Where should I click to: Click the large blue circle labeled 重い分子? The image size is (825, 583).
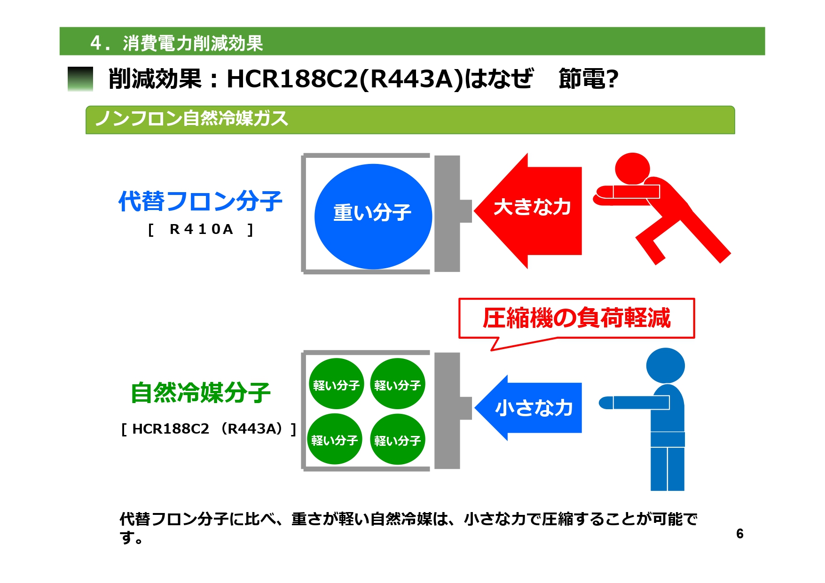pyautogui.click(x=373, y=217)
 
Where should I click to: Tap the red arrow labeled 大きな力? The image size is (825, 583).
pyautogui.click(x=528, y=211)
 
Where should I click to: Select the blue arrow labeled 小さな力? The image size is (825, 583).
pyautogui.click(x=528, y=408)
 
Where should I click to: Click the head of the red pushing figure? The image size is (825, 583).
pyautogui.click(x=632, y=169)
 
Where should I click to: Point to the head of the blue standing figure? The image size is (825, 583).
pyautogui.click(x=665, y=365)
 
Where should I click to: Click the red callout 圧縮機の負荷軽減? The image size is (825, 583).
pyautogui.click(x=576, y=318)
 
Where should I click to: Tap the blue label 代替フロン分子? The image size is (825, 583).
pyautogui.click(x=200, y=201)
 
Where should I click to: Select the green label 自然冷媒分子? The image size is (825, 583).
pyautogui.click(x=201, y=392)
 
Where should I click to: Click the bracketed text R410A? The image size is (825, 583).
pyautogui.click(x=201, y=229)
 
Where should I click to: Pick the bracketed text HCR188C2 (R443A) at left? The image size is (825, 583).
pyautogui.click(x=209, y=429)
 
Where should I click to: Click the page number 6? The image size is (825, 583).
pyautogui.click(x=740, y=534)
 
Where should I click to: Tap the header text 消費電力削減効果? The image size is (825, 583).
pyautogui.click(x=193, y=43)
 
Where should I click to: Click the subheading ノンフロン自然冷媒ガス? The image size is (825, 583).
pyautogui.click(x=191, y=118)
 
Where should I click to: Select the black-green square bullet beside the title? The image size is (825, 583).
pyautogui.click(x=80, y=79)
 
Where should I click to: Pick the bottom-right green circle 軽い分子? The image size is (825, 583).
pyautogui.click(x=398, y=439)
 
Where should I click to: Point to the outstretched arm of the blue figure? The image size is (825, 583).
pyautogui.click(x=634, y=403)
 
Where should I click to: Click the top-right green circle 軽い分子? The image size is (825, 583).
pyautogui.click(x=398, y=384)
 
